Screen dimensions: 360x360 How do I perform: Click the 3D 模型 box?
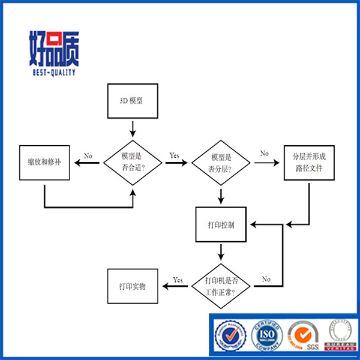coord(133,100)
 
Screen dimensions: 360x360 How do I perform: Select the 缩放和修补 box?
coord(45,162)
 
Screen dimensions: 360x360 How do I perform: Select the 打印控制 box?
coord(221,224)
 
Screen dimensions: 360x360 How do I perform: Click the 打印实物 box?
coord(133,286)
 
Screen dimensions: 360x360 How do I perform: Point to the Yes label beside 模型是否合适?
coord(175,155)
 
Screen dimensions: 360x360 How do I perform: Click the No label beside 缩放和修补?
coord(88,155)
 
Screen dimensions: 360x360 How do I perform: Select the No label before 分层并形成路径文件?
coord(264,154)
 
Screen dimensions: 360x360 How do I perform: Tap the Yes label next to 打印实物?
coord(178,280)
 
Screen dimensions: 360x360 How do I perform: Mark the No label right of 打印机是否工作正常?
coord(266,279)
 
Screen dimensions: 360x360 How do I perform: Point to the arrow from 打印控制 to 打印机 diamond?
coord(221,251)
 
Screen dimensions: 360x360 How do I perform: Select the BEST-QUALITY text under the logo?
coord(53,73)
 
